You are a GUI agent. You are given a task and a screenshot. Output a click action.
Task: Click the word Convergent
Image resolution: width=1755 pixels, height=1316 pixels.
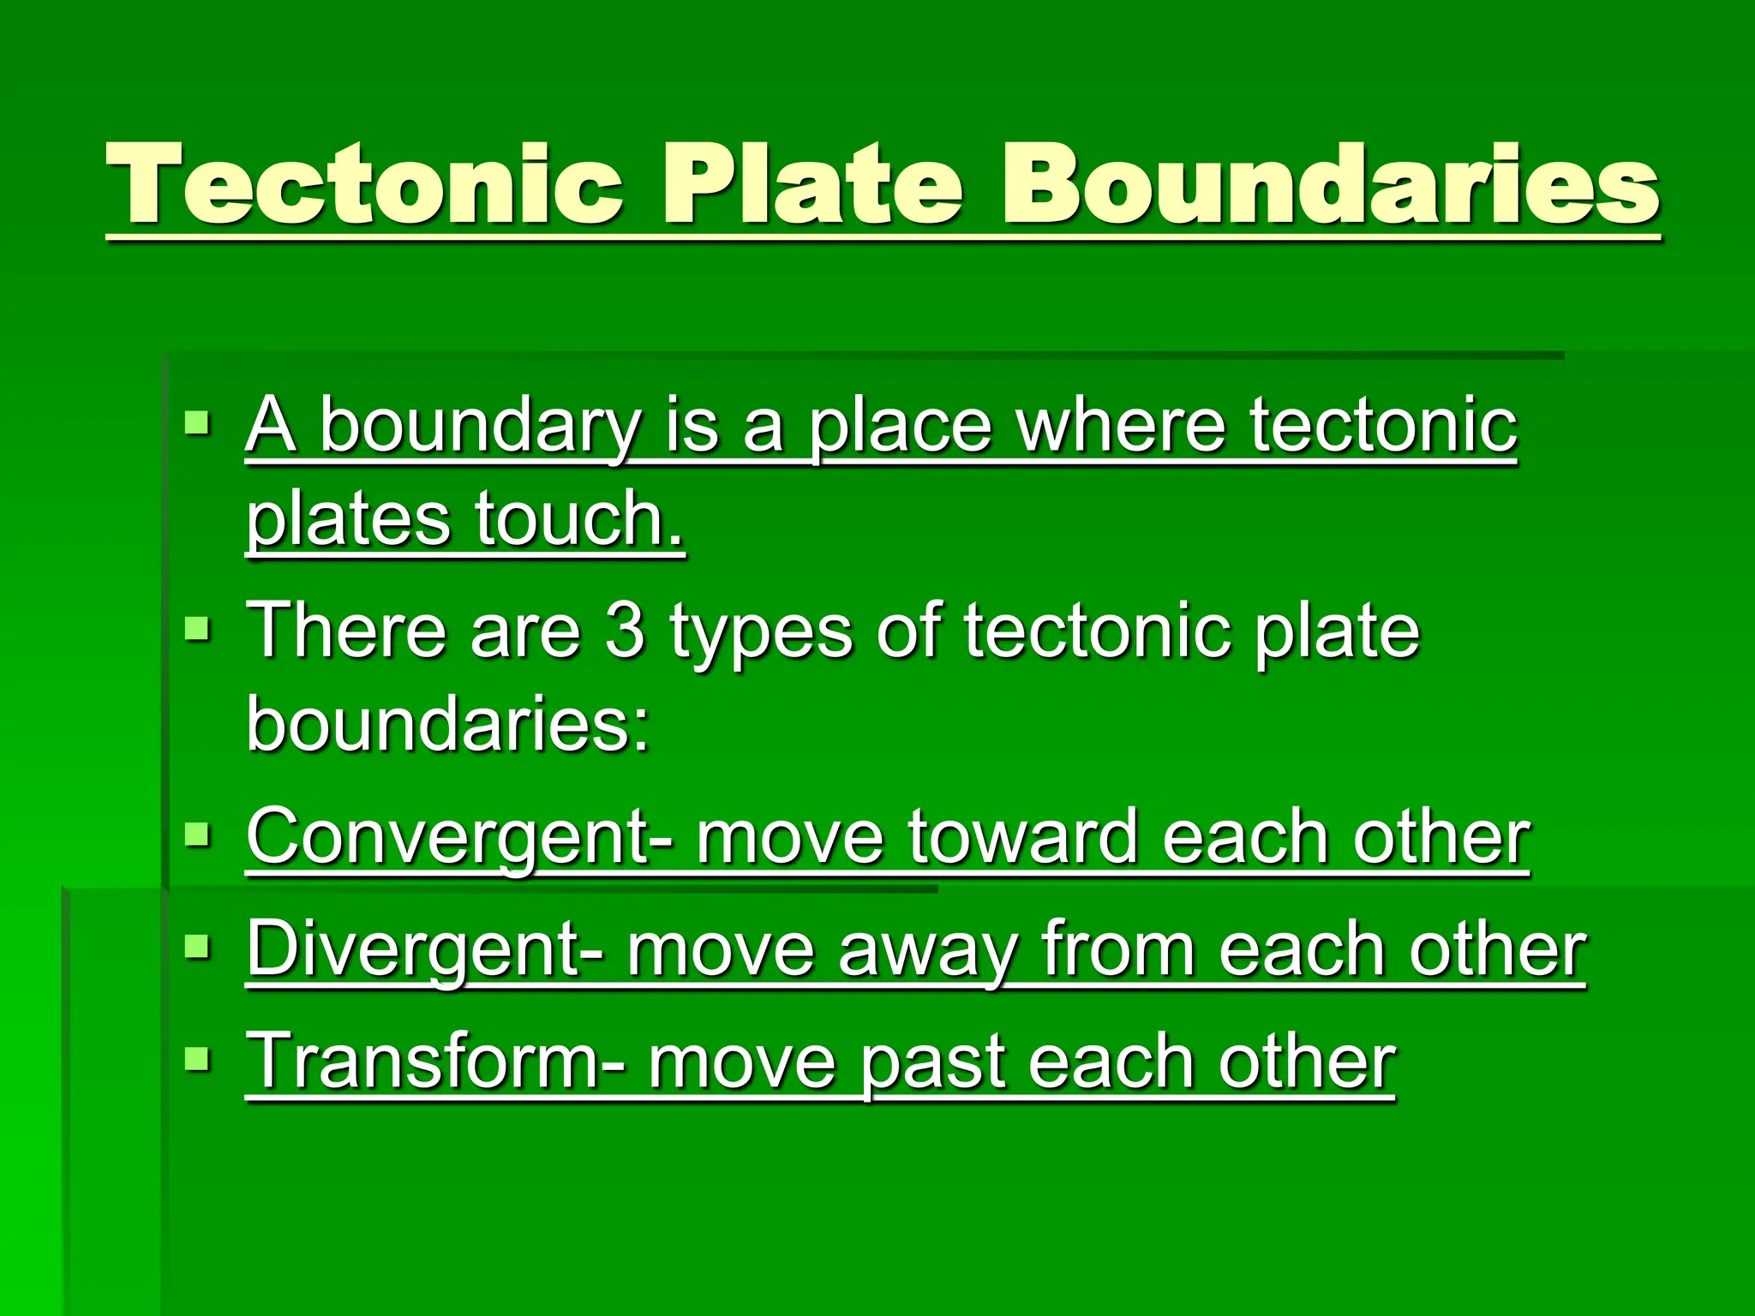[x=446, y=837]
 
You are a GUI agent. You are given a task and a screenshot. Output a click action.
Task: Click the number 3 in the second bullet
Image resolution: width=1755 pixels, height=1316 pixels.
[x=625, y=631]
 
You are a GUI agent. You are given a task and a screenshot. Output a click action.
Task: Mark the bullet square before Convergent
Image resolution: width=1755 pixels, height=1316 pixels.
[x=197, y=833]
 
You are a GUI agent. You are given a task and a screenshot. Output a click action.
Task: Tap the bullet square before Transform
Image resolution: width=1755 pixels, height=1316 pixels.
[x=197, y=1059]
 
